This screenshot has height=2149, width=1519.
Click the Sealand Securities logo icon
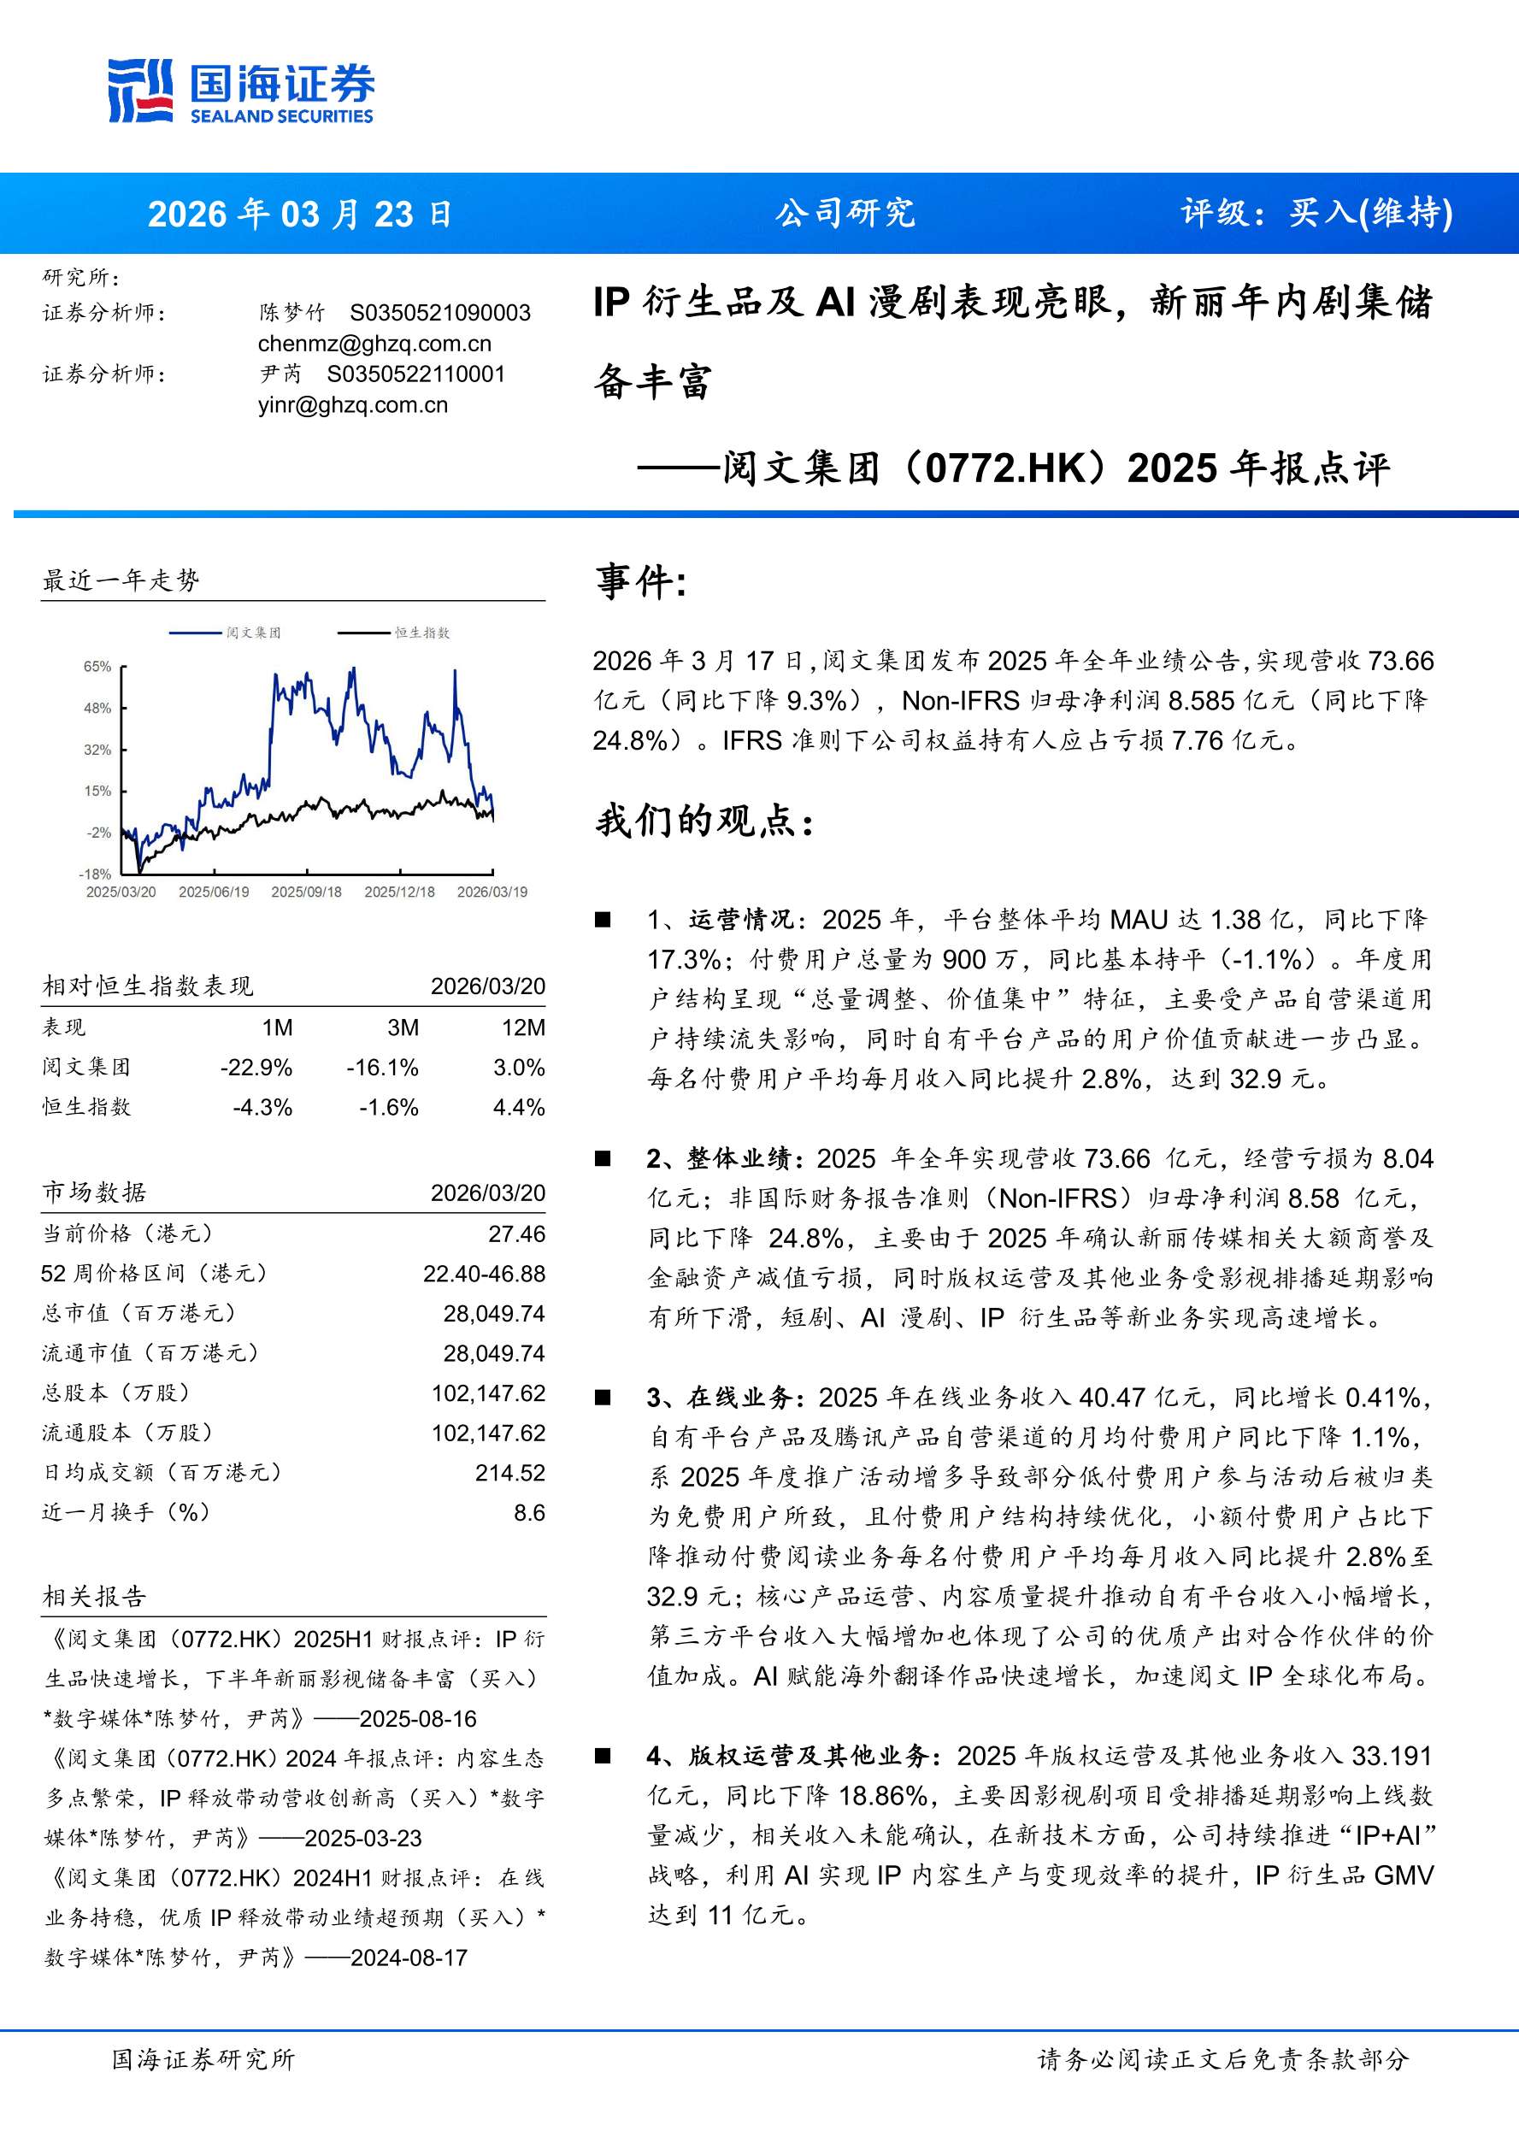(140, 90)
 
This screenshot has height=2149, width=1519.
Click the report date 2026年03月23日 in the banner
(299, 215)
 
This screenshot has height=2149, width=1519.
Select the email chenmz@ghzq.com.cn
(374, 344)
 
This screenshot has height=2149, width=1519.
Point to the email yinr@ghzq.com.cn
(353, 405)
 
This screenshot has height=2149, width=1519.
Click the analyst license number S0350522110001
(415, 374)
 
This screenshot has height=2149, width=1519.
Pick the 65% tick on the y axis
(97, 667)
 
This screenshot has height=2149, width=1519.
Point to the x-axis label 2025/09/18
(306, 892)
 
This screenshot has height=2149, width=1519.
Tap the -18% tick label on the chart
(96, 874)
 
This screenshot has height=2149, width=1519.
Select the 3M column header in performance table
(403, 1027)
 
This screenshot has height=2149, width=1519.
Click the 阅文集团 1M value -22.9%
(256, 1068)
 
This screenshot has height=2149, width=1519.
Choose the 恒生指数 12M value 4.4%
(519, 1107)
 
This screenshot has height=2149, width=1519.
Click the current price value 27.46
(516, 1234)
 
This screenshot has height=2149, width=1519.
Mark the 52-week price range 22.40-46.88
(484, 1274)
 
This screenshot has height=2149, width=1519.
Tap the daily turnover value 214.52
(510, 1473)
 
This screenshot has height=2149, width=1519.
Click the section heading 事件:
(642, 582)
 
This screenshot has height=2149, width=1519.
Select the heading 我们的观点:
(704, 821)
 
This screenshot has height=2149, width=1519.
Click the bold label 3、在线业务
(726, 1398)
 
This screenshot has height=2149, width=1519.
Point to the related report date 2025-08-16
(418, 1719)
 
